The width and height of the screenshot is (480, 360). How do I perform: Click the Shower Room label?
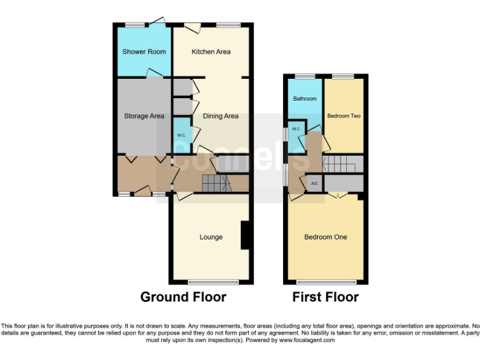click(144, 52)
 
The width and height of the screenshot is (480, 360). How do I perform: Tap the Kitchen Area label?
click(211, 52)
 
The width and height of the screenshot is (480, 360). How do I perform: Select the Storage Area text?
click(144, 116)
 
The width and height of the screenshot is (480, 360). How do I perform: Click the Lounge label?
click(211, 237)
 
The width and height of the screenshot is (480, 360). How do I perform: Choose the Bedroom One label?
click(325, 237)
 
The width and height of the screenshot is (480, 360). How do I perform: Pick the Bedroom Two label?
click(344, 116)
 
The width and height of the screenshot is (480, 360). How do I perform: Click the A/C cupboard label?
click(314, 183)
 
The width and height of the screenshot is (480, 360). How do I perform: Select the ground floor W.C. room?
click(181, 136)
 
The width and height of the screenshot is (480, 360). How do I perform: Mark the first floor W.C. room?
click(296, 130)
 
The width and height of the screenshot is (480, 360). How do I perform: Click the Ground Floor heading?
click(182, 297)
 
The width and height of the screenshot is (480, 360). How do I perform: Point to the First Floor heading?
click(325, 297)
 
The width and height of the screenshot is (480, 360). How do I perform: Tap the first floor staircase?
click(342, 164)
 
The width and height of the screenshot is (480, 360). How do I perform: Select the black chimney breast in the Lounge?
click(246, 236)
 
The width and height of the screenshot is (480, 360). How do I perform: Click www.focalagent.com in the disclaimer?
click(306, 341)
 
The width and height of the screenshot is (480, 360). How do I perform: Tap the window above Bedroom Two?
click(342, 76)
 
